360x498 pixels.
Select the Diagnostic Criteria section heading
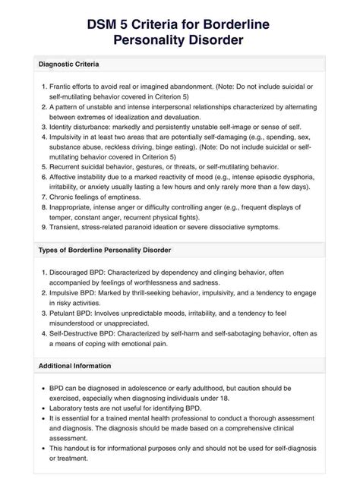tap(74, 64)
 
